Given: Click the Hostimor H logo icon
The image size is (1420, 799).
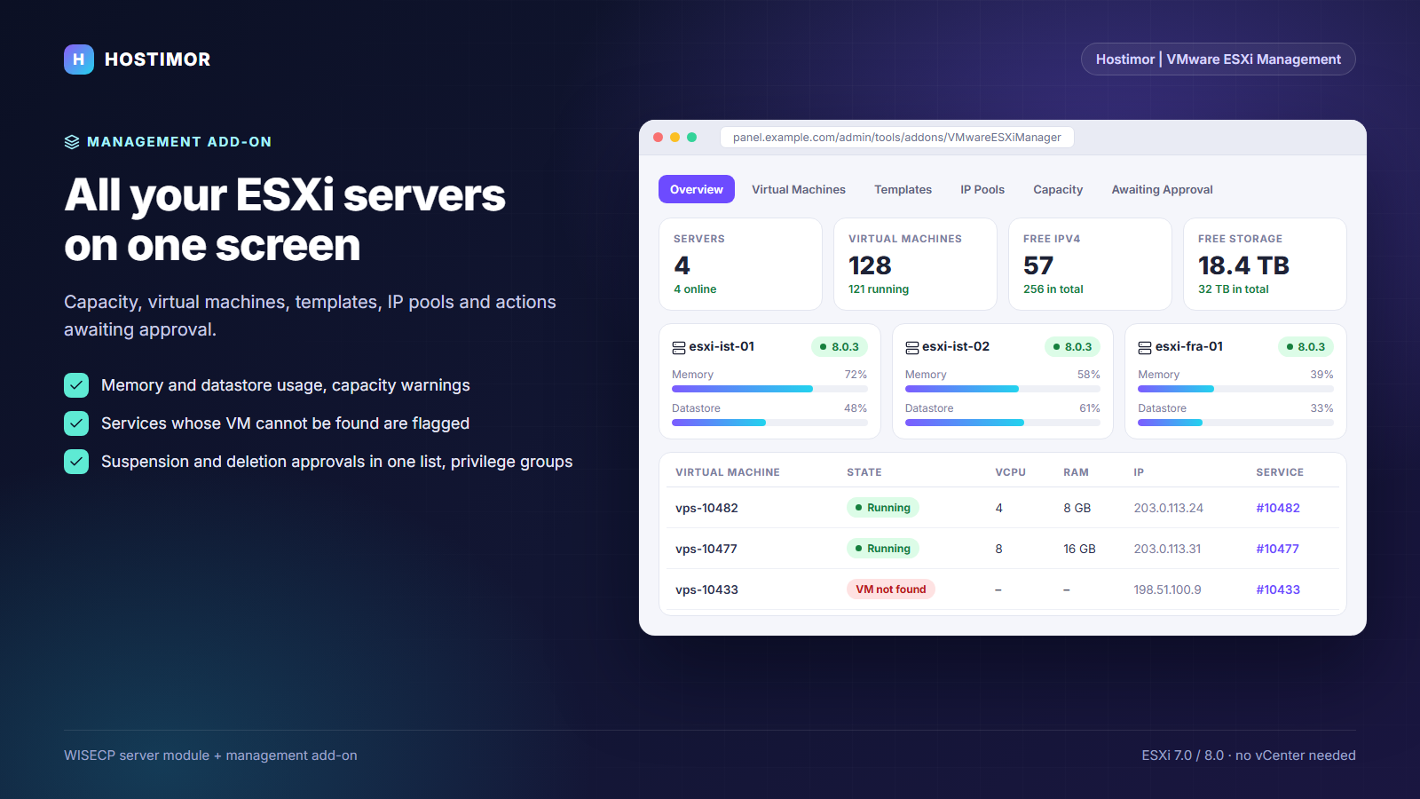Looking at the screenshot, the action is tap(79, 59).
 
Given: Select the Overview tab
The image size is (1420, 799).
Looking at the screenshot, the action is tap(696, 189).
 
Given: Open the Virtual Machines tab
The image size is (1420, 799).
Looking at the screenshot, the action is tap(798, 189).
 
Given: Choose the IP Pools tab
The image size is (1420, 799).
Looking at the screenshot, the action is tap(982, 189).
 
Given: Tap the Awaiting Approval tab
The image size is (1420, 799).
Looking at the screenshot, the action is tap(1162, 190).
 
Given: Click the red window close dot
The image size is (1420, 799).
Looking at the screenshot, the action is tap(658, 137).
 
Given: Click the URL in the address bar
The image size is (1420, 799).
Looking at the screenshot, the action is tap(896, 137).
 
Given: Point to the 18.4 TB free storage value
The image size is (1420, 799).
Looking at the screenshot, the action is tap(1243, 265).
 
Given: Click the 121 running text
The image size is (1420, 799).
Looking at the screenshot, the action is tap(878, 289).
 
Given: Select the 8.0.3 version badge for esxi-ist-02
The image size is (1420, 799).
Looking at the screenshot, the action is tap(1072, 347).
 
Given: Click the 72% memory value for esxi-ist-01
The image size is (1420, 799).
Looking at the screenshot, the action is tap(856, 374).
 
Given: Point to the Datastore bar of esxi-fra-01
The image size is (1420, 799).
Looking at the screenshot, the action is tap(1235, 423).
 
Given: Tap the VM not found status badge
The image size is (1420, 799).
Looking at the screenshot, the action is tap(890, 589).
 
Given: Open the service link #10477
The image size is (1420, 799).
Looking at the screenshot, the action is tap(1277, 549).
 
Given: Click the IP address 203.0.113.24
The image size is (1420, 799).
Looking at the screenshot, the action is tap(1168, 508).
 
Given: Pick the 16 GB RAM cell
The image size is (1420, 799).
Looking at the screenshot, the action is tap(1079, 549).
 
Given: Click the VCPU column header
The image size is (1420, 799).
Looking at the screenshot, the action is tap(1010, 471).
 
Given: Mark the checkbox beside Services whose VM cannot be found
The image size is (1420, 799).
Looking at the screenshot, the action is tap(76, 423).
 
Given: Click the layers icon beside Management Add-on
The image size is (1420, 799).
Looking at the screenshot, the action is tap(72, 142).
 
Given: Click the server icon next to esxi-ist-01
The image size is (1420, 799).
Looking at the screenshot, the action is tap(678, 347).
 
